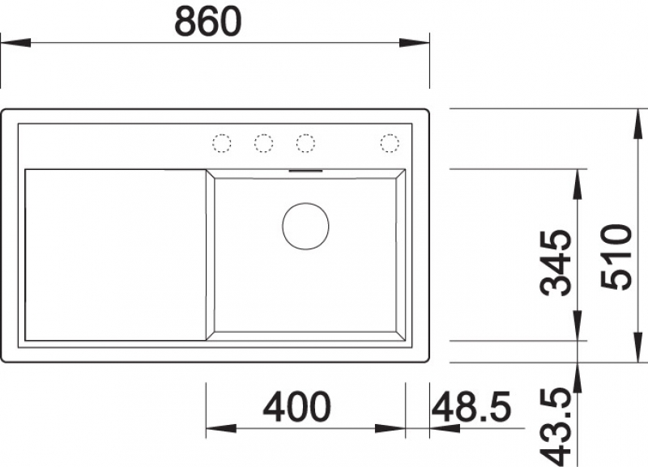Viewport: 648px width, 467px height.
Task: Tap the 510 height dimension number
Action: point(616,257)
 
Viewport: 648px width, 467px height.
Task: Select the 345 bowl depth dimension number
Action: point(556,263)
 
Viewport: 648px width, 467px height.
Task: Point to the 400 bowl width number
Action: point(297,407)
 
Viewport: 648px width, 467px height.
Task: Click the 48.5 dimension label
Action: point(471,407)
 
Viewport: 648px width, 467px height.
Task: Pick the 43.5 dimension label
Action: point(556,427)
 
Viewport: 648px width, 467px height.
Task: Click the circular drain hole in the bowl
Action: point(306,227)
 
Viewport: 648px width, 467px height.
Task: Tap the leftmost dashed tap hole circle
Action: point(221,143)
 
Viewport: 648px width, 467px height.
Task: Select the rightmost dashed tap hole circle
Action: point(390,143)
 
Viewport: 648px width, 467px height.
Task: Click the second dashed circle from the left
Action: point(264,143)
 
